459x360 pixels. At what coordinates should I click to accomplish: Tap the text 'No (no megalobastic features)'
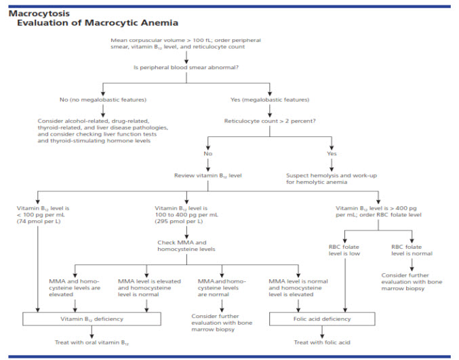[102, 100]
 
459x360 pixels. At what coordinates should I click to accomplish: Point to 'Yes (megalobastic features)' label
[271, 100]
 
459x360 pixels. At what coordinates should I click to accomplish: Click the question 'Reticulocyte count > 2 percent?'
[270, 121]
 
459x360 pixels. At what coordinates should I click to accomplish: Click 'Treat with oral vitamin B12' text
[92, 343]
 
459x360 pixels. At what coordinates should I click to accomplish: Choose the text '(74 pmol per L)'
[39, 221]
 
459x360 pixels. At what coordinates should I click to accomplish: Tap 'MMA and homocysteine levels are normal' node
[222, 286]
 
